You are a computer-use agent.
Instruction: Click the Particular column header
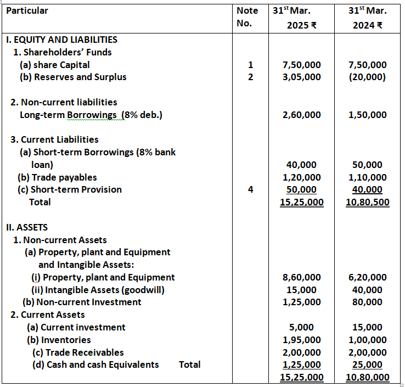coord(27,11)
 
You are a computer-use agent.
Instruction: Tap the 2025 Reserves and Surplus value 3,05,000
coord(301,77)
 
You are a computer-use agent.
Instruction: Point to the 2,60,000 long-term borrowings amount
coord(301,115)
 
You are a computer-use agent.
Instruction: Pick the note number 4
coord(250,189)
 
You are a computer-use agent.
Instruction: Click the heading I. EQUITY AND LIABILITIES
coord(61,40)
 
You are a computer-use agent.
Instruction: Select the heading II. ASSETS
coord(26,227)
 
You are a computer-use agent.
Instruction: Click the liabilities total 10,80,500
coord(367,202)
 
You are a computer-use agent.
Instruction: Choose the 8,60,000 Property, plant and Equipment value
coord(301,277)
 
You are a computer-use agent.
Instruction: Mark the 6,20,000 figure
coord(367,277)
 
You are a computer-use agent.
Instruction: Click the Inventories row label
coord(59,340)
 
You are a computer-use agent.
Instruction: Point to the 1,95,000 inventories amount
coord(301,340)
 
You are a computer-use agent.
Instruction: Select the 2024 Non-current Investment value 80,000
coord(367,302)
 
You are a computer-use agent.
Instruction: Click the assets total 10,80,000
coord(367,378)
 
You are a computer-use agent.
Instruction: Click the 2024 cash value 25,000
coord(367,364)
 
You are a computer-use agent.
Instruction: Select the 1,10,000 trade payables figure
coord(367,177)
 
